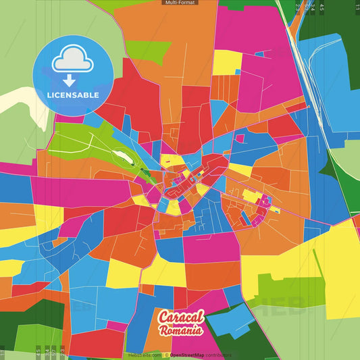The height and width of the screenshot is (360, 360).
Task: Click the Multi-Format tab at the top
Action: [x=180, y=3]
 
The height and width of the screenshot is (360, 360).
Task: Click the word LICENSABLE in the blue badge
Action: [x=73, y=95]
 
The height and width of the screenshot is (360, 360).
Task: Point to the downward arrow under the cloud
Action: [x=69, y=80]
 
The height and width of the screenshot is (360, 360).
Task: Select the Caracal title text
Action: [x=180, y=317]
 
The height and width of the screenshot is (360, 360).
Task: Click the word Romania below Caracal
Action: [x=181, y=330]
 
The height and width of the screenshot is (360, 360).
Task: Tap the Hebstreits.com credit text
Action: [x=144, y=355]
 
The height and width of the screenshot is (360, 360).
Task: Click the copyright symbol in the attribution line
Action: [x=167, y=355]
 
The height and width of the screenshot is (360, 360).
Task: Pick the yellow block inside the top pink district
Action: [x=227, y=62]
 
